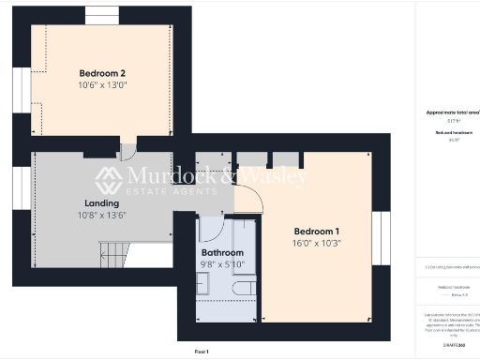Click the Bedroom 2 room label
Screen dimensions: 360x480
click(102, 72)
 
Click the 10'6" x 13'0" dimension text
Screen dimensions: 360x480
click(102, 85)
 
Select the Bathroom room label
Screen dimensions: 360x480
click(223, 253)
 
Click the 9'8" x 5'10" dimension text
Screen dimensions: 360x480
click(223, 265)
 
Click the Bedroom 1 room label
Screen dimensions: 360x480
click(317, 232)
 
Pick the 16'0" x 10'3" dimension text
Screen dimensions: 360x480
click(317, 244)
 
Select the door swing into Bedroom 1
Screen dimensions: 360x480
click(247, 197)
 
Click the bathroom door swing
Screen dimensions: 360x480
click(210, 230)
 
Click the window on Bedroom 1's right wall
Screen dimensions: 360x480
click(382, 236)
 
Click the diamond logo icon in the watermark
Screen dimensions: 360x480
click(109, 179)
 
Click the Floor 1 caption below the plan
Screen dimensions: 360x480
click(201, 351)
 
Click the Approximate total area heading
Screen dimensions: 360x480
click(453, 112)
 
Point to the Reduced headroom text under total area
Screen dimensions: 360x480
click(453, 133)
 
